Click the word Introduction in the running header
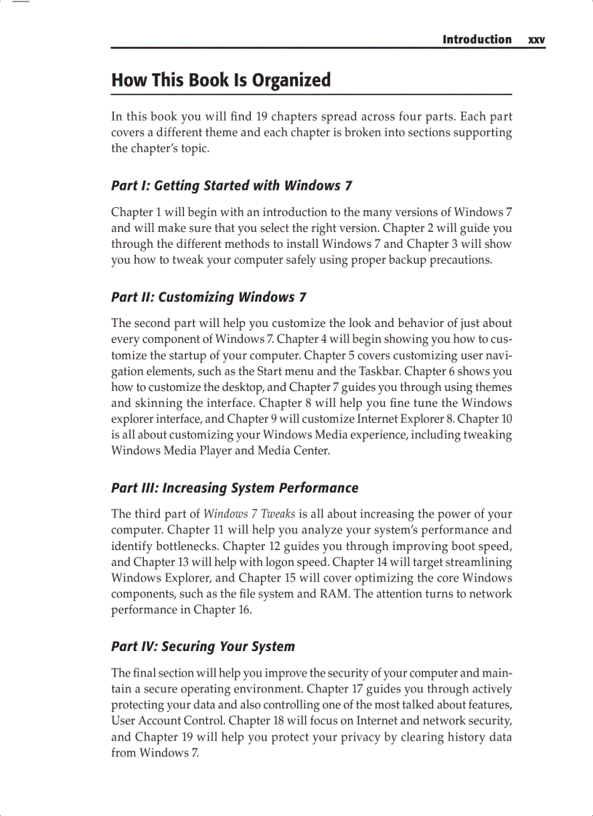[477, 39]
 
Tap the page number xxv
[537, 40]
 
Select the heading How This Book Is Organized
[221, 80]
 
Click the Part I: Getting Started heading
[232, 186]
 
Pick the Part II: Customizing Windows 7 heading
[209, 297]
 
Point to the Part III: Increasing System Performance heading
[235, 488]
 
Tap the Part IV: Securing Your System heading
[203, 647]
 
